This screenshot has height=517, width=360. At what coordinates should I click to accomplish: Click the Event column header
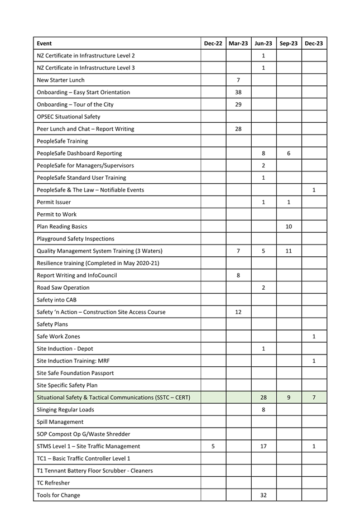[44, 44]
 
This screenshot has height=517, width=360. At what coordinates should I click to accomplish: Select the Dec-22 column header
[213, 44]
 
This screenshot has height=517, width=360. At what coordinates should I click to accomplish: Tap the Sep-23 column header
[289, 44]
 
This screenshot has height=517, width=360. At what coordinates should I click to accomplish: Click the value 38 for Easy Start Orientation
[238, 92]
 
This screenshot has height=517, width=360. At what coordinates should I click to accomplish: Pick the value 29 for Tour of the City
[238, 104]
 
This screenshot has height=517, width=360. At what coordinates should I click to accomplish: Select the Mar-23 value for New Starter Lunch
[238, 80]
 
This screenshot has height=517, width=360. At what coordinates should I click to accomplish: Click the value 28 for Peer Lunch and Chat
[238, 129]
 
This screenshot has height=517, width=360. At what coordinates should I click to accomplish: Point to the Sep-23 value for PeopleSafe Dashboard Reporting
[289, 154]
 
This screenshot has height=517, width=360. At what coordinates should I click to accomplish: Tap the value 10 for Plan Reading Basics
[289, 227]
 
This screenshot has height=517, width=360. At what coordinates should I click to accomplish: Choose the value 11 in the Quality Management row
[289, 251]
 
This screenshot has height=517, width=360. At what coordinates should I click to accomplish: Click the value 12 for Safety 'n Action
[238, 312]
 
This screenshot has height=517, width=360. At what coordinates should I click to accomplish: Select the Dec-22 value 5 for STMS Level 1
[213, 447]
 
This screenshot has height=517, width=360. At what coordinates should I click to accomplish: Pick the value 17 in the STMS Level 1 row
[263, 447]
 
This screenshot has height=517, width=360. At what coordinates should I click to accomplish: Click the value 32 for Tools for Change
[263, 495]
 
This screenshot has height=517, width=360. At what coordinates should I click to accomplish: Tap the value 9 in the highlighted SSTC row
[289, 398]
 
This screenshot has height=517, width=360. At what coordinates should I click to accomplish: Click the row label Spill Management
[60, 422]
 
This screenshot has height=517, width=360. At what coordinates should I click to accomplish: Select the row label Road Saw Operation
[63, 288]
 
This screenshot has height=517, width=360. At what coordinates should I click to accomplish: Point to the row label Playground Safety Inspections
[75, 239]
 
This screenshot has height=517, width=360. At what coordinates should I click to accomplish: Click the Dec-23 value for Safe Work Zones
[314, 337]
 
